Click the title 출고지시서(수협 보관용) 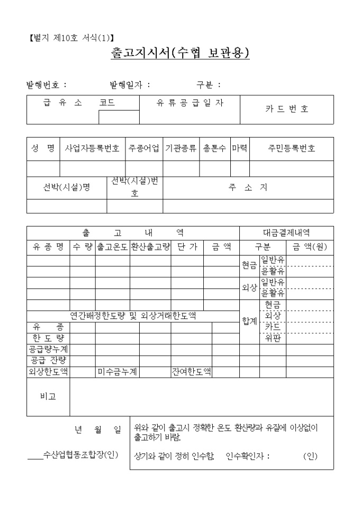pyautogui.click(x=180, y=53)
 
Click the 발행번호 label pyautogui.click(x=47, y=84)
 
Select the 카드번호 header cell pyautogui.click(x=286, y=110)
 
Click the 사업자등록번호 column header pyautogui.click(x=92, y=149)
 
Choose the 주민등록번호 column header pyautogui.click(x=291, y=149)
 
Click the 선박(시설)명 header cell pyautogui.click(x=67, y=187)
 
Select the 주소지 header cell pyautogui.click(x=248, y=187)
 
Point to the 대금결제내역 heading pyautogui.click(x=286, y=232)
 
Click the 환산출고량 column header pyautogui.click(x=150, y=247)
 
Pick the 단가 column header pyautogui.click(x=187, y=247)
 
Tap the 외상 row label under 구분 pyautogui.click(x=249, y=288)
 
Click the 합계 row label pyautogui.click(x=249, y=321)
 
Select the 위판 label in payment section pyautogui.click(x=273, y=338)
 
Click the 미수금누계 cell pyautogui.click(x=117, y=371)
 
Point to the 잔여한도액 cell pyautogui.click(x=191, y=371)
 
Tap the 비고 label pyautogui.click(x=48, y=397)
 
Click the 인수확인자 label pyautogui.click(x=247, y=456)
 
